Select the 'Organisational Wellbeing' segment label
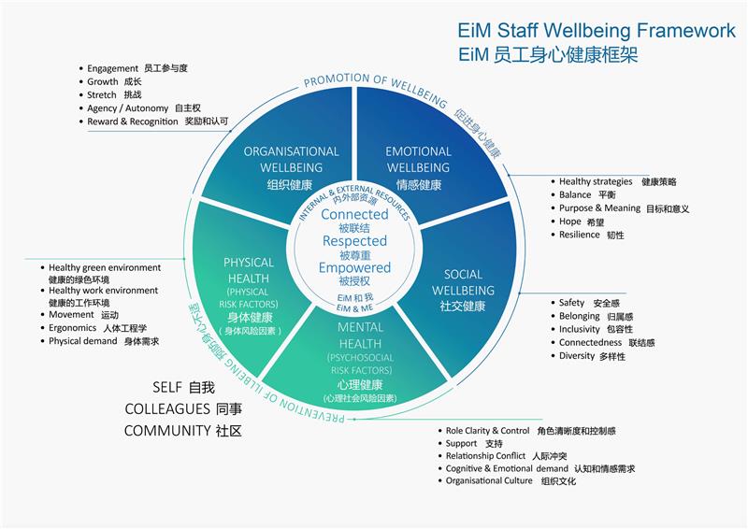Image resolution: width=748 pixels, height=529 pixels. (291, 159)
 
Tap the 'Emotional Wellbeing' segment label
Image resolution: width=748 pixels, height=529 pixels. (418, 159)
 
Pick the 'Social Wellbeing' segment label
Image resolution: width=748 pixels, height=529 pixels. (463, 282)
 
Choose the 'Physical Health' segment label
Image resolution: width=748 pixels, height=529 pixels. (249, 270)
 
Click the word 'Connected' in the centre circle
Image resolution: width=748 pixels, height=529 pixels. (354, 215)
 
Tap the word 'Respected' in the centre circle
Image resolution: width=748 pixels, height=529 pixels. (354, 241)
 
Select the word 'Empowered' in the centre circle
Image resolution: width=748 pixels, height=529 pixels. (354, 268)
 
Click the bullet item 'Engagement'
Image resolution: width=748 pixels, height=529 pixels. (113, 69)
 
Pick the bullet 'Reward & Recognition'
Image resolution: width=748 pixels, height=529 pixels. (133, 122)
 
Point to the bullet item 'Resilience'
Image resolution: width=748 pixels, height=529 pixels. (581, 235)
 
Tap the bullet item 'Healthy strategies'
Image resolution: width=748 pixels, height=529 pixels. (597, 181)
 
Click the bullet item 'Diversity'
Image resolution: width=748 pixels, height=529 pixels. (577, 356)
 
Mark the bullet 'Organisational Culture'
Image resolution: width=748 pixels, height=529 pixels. (489, 481)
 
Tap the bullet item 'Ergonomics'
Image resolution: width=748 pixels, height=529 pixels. (71, 328)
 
